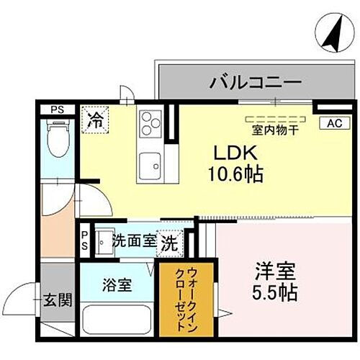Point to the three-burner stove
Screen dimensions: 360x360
point(150,123)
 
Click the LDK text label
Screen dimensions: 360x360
point(230,153)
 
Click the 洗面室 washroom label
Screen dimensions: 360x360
point(134,240)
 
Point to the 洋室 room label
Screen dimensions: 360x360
point(274,274)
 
